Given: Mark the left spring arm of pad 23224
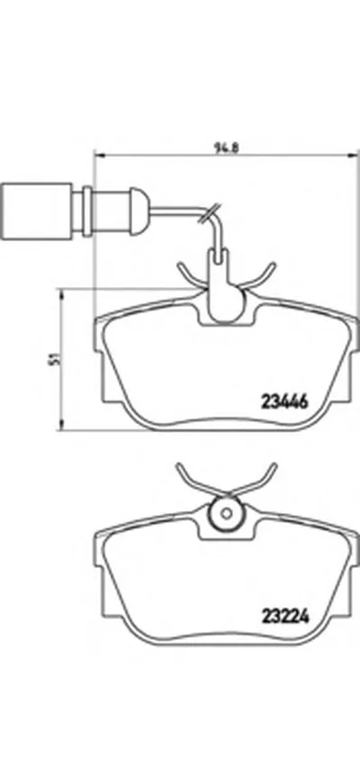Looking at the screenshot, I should pos(185,475).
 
